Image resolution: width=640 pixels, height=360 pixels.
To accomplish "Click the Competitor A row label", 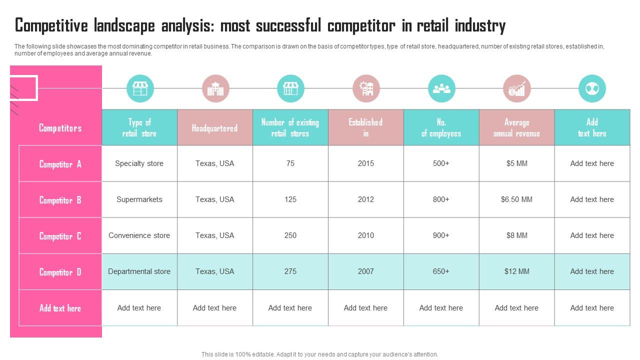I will pyautogui.click(x=60, y=164).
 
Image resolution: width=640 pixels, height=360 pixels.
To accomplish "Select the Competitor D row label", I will pyautogui.click(x=60, y=272).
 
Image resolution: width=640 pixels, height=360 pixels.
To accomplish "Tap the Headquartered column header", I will pyautogui.click(x=214, y=128).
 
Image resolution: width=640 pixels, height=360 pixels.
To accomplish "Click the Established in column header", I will pyautogui.click(x=365, y=127).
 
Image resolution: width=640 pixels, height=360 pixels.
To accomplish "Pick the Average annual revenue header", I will pyautogui.click(x=516, y=127).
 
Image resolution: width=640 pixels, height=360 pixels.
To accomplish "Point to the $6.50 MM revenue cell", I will pyautogui.click(x=516, y=199).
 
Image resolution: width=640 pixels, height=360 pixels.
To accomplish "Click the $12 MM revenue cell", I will pyautogui.click(x=516, y=271).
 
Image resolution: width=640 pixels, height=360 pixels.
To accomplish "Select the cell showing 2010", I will pyautogui.click(x=365, y=235).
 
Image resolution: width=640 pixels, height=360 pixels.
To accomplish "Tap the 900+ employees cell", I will pyautogui.click(x=441, y=235).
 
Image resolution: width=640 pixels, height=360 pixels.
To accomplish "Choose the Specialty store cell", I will pyautogui.click(x=139, y=163).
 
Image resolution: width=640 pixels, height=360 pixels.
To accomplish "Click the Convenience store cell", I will pyautogui.click(x=139, y=235).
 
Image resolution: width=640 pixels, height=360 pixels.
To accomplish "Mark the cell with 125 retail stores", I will pyautogui.click(x=290, y=199).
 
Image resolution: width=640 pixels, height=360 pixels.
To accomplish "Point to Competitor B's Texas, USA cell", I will pyautogui.click(x=214, y=199).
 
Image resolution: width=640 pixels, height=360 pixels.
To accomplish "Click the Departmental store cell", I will pyautogui.click(x=139, y=271).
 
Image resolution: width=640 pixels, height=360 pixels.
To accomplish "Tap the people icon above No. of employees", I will pyautogui.click(x=441, y=88).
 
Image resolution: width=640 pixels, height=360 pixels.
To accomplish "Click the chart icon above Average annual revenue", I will pyautogui.click(x=516, y=88).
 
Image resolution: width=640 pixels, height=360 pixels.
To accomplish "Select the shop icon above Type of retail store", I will pyautogui.click(x=140, y=88).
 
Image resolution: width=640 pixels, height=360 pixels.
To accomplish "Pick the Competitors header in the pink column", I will pyautogui.click(x=60, y=128).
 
